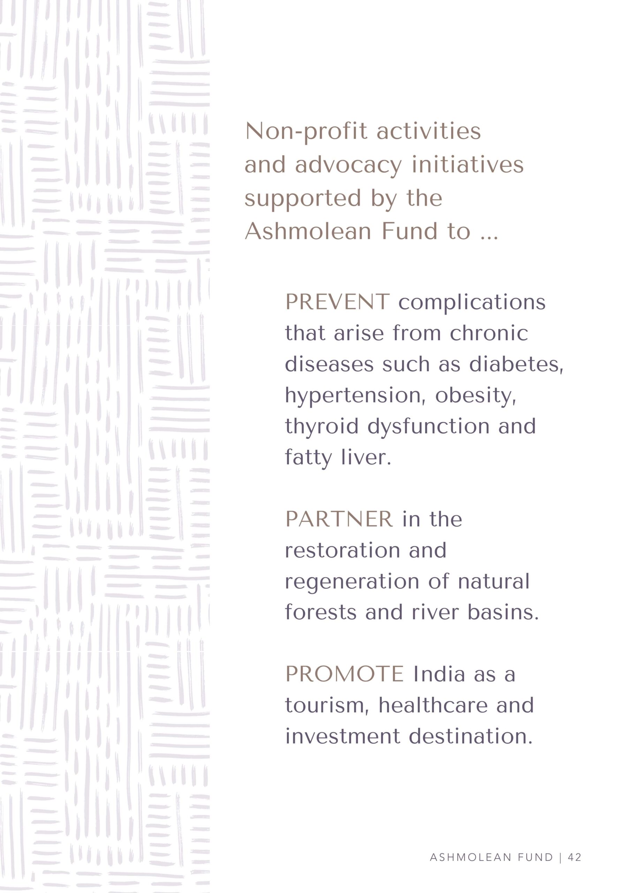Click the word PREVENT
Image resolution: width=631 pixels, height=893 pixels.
click(337, 302)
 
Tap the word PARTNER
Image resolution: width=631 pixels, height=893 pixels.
click(339, 519)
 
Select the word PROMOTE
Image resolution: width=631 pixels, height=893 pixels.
click(344, 674)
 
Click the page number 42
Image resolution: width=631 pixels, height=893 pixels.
click(575, 846)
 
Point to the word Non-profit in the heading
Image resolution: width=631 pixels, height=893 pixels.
click(306, 132)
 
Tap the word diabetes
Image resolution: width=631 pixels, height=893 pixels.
click(516, 365)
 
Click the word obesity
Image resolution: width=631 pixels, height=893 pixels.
click(475, 396)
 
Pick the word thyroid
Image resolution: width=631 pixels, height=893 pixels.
click(321, 427)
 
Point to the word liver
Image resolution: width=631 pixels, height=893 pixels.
click(366, 457)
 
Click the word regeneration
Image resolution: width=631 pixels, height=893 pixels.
click(352, 582)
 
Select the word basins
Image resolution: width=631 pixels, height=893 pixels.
click(503, 613)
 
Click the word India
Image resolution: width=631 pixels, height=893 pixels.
click(439, 674)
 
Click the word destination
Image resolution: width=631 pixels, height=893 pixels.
click(470, 736)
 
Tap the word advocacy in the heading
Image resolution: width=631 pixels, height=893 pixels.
click(348, 165)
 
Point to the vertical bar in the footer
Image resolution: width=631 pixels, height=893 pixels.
click(560, 846)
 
